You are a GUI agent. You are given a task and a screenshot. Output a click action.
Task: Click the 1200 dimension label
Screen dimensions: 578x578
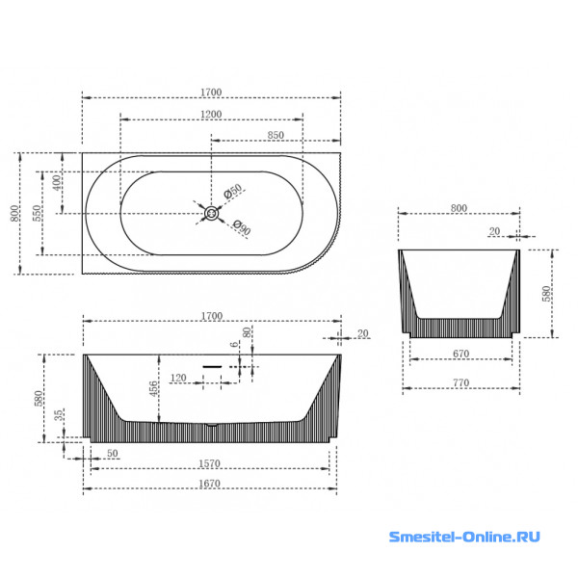[211, 115]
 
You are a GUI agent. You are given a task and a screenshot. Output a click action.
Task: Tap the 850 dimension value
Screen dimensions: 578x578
[276, 135]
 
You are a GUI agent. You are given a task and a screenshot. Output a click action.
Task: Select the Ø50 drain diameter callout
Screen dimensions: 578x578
[233, 192]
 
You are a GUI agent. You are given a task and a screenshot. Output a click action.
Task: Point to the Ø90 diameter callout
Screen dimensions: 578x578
[242, 228]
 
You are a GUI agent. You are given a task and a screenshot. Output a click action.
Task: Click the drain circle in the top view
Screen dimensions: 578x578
[212, 213]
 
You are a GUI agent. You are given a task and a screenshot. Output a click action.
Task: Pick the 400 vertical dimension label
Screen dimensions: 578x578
[57, 182]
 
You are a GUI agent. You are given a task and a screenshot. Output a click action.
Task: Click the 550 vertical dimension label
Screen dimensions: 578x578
[38, 213]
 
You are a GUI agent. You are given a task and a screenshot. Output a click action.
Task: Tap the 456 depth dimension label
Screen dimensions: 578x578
[153, 388]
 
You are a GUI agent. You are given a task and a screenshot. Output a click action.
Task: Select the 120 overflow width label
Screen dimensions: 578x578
[178, 378]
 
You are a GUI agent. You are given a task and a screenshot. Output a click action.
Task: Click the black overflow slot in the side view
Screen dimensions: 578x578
[212, 367]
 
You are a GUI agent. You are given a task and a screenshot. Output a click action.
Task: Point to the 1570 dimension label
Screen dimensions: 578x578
[209, 463]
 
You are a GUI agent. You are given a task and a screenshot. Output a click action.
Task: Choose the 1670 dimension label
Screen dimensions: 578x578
[209, 484]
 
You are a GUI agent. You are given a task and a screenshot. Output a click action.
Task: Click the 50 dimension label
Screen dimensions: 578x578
[113, 453]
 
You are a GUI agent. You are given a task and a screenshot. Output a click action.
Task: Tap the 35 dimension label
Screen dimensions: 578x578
[59, 415]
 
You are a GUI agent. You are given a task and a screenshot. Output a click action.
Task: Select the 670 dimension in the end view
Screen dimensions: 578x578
[460, 354]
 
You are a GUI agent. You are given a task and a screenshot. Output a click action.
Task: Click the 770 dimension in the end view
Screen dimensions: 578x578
[460, 382]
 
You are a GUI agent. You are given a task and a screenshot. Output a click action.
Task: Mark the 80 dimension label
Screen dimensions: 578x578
[247, 332]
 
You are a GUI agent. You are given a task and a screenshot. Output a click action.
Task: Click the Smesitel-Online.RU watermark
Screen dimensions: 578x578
[464, 537]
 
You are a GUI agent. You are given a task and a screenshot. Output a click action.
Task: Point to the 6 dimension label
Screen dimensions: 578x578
[234, 344]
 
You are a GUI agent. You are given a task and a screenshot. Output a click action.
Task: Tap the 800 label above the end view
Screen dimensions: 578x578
[459, 208]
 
